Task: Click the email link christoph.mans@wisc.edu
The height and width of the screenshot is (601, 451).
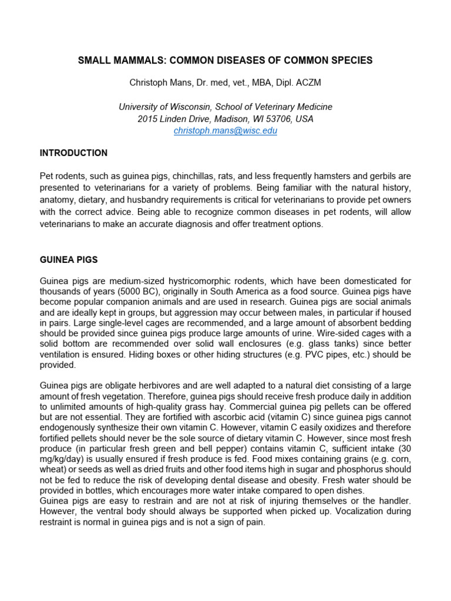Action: pos(225,131)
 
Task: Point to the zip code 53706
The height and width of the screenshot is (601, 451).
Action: pos(278,119)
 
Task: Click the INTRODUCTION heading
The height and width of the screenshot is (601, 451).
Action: pos(73,153)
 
